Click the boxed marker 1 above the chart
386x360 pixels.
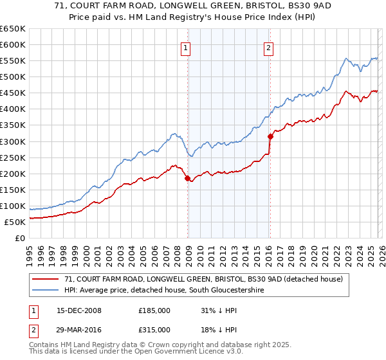(x=185, y=47)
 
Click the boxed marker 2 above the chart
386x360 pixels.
(x=268, y=47)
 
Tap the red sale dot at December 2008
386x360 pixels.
(x=187, y=179)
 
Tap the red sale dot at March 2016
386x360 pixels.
(x=270, y=136)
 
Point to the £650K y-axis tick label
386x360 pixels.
(x=12, y=29)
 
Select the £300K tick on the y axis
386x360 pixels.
(x=12, y=141)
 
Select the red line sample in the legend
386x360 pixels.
(x=46, y=279)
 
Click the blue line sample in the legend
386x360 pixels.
(x=46, y=290)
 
